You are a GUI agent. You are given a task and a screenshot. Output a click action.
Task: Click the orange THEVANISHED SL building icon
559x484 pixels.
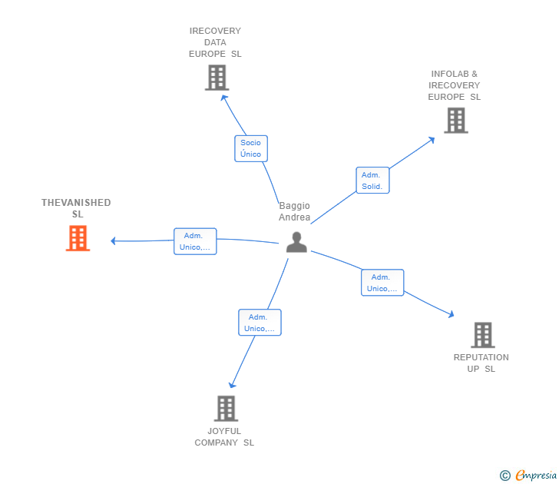coord(78,238)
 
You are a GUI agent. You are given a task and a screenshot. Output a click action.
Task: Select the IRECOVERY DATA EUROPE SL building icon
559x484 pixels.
coord(217,78)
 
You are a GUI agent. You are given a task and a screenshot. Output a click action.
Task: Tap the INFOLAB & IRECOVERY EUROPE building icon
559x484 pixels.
coord(455,121)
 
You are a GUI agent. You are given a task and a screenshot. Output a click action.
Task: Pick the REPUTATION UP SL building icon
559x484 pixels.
coord(482,335)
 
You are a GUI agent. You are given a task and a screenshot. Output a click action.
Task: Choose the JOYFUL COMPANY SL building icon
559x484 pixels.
coord(226,409)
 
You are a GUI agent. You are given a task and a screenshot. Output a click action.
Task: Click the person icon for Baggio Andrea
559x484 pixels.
coord(296,242)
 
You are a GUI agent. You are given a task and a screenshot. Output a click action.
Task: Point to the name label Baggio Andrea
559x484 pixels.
coord(295,211)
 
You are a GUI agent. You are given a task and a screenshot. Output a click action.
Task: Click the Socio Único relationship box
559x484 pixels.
coord(250,148)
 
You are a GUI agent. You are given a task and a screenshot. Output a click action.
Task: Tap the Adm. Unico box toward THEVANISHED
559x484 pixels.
coord(195,241)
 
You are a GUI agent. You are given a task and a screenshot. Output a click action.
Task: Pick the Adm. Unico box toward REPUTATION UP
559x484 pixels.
coord(382,283)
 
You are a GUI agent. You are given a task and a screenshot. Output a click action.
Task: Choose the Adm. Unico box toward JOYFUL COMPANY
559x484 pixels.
coord(260,323)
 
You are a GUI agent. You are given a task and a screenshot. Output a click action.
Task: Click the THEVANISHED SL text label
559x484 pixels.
coord(76,208)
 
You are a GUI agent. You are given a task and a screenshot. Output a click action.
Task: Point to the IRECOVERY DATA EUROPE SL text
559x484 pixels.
coord(215,42)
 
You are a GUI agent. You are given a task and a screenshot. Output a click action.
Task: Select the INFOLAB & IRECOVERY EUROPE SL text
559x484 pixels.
coord(455,85)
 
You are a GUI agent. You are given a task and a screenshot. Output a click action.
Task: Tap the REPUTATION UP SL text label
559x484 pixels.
coord(481,363)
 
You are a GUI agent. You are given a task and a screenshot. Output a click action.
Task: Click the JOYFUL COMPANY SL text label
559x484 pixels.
coord(224,436)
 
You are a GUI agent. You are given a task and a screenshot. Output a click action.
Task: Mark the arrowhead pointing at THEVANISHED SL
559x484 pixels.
coord(114,240)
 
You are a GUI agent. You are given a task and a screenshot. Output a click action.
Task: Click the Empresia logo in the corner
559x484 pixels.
coord(536,476)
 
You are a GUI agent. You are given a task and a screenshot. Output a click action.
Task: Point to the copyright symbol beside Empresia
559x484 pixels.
coord(505,476)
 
